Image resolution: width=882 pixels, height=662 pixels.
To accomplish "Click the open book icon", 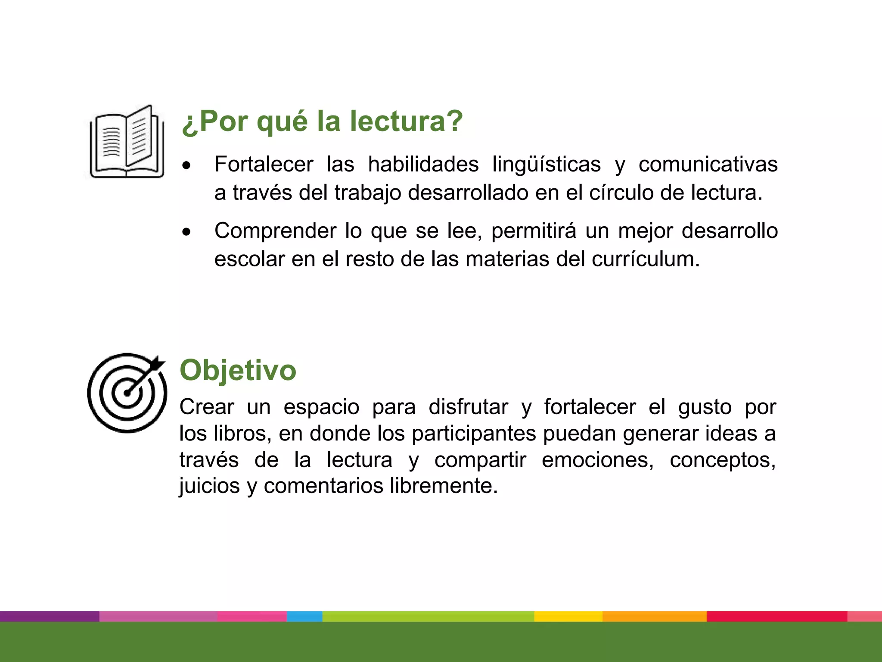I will (x=127, y=142).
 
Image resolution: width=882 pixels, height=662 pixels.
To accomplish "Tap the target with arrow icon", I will (x=127, y=393).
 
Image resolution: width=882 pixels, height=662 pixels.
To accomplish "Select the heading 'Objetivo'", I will (x=238, y=370).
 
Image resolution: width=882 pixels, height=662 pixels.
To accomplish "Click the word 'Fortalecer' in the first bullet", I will (x=264, y=164).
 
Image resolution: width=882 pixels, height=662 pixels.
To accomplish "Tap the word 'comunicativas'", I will (x=708, y=164).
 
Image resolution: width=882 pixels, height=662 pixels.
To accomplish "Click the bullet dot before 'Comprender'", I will (x=186, y=232).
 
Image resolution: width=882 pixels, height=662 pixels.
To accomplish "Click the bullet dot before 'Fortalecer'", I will (x=186, y=165).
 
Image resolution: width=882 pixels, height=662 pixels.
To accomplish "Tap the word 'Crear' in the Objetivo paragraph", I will (x=207, y=407).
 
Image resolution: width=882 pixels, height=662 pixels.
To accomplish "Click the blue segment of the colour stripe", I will (x=304, y=616).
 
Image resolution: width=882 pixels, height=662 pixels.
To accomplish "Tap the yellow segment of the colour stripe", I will (x=568, y=616).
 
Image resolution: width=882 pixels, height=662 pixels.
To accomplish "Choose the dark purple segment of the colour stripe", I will (x=50, y=616).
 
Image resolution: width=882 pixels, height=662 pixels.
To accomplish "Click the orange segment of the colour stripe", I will (x=655, y=616).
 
